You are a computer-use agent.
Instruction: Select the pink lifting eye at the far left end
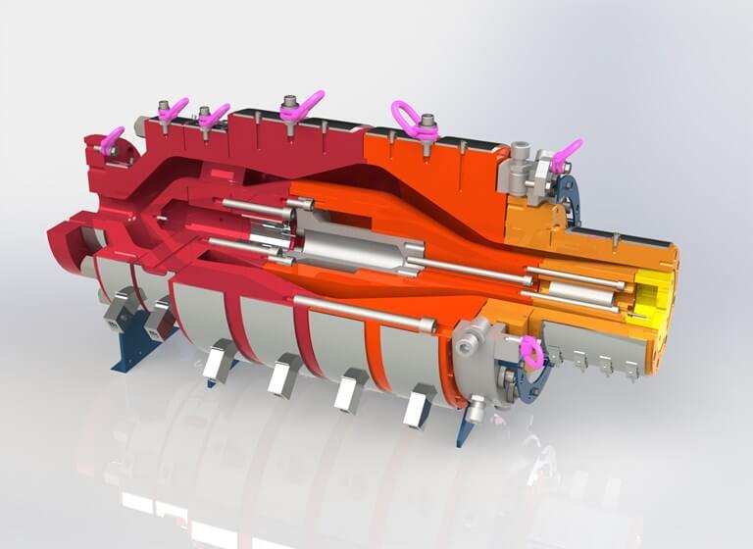click(x=112, y=140)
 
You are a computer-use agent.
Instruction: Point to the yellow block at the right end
click(x=655, y=295)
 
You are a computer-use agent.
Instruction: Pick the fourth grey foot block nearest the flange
click(x=418, y=403)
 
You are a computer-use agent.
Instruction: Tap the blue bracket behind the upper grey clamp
click(x=566, y=191)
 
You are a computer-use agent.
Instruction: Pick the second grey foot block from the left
click(x=284, y=374)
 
